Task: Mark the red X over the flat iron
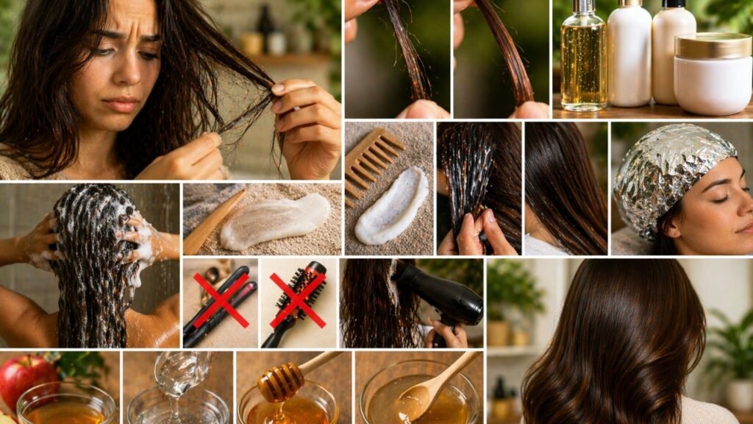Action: tap(221, 301)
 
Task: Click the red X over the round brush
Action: tap(297, 300)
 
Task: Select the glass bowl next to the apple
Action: tap(66, 404)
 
